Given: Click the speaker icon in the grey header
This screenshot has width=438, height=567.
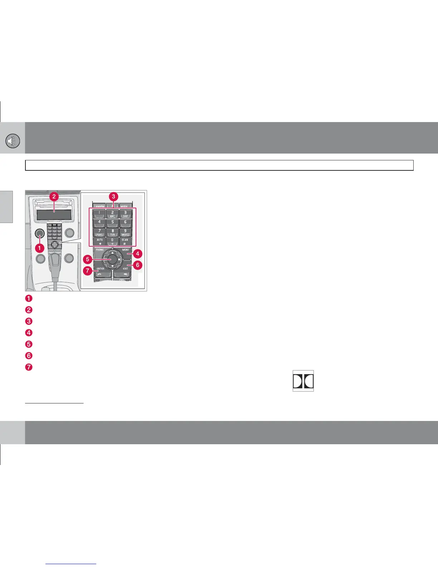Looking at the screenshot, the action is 12,142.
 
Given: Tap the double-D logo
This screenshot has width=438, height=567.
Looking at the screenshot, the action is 303,381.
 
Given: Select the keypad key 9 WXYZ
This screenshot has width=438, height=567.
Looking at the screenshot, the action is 125,232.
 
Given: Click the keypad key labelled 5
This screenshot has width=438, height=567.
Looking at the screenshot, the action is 112,223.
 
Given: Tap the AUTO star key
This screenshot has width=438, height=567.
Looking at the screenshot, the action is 99,241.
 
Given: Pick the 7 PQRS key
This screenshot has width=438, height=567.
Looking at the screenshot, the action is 99,232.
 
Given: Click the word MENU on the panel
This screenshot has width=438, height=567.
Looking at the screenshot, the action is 125,249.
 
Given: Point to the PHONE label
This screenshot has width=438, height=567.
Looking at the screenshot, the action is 100,249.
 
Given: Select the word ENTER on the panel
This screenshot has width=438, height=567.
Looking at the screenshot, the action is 101,268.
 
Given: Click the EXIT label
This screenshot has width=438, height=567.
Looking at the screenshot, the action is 125,268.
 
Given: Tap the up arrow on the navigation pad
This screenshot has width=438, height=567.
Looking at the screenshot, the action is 112,252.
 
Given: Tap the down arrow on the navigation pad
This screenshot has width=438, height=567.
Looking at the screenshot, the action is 112,266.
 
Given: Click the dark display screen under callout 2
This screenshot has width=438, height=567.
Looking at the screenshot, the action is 54,215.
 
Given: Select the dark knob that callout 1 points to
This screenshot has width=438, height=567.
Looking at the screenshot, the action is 40,233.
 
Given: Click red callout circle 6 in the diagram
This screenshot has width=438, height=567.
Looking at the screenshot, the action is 138,265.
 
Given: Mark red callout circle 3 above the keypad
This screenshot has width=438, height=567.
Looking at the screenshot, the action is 113,196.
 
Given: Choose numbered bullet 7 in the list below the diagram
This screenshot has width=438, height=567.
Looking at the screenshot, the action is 29,367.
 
